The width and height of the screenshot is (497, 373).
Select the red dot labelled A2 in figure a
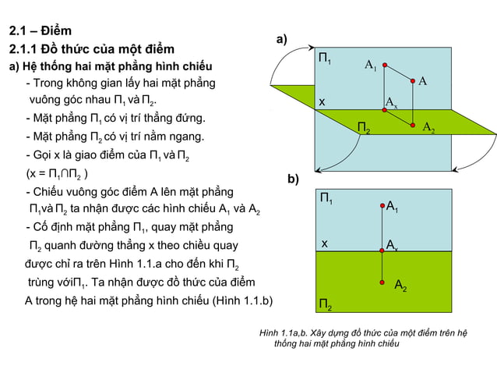point(414,125)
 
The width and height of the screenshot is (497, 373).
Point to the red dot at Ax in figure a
point(383,109)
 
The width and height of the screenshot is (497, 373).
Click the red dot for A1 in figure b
point(383,206)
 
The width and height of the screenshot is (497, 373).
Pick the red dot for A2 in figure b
point(383,281)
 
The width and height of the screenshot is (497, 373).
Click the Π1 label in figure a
point(326,59)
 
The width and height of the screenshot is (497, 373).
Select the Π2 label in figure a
point(364,128)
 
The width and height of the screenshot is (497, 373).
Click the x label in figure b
point(324,244)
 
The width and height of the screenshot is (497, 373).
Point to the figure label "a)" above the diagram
point(281,39)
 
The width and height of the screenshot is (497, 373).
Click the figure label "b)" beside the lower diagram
point(293,179)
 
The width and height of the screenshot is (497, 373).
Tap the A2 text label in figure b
point(400,286)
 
